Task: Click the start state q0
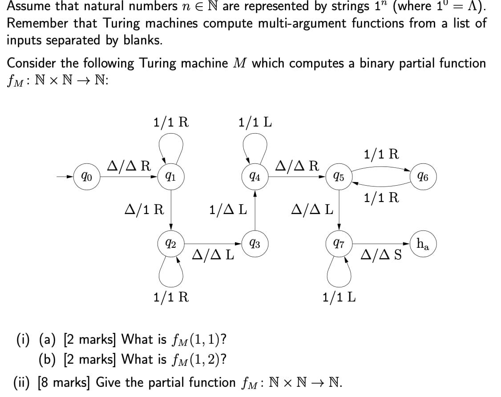point(86,178)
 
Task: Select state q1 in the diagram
point(170,178)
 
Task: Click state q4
point(255,178)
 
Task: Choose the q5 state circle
point(339,178)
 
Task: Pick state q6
point(424,178)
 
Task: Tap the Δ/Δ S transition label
point(381,255)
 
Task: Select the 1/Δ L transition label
point(228,209)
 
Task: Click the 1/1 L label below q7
point(339,297)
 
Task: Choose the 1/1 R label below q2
point(170,297)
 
